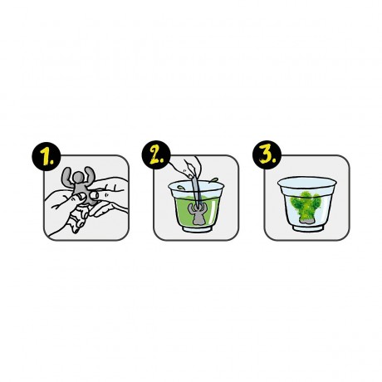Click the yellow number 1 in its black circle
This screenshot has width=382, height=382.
[x=47, y=156]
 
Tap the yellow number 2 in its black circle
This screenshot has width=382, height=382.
[x=156, y=154]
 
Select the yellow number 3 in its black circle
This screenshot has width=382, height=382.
[x=267, y=154]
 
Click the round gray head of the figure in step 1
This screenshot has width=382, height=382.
[x=79, y=178]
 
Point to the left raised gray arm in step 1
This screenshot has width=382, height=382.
[x=67, y=176]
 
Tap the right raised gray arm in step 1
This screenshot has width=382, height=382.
[x=91, y=175]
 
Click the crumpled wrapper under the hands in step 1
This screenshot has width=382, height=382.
[x=78, y=218]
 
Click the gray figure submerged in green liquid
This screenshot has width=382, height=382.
[x=196, y=213]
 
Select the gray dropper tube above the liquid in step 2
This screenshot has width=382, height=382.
[x=196, y=189]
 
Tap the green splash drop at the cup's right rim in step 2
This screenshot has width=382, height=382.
[x=213, y=180]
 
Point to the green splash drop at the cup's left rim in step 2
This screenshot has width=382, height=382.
[x=180, y=188]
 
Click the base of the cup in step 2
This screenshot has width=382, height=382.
[x=196, y=228]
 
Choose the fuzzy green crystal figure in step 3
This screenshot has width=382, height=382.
[x=306, y=207]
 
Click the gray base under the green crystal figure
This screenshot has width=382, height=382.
[x=306, y=219]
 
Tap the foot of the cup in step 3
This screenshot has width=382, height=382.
[x=308, y=228]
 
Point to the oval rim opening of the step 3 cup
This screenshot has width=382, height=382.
[x=307, y=182]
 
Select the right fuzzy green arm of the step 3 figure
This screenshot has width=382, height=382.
[x=316, y=203]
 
